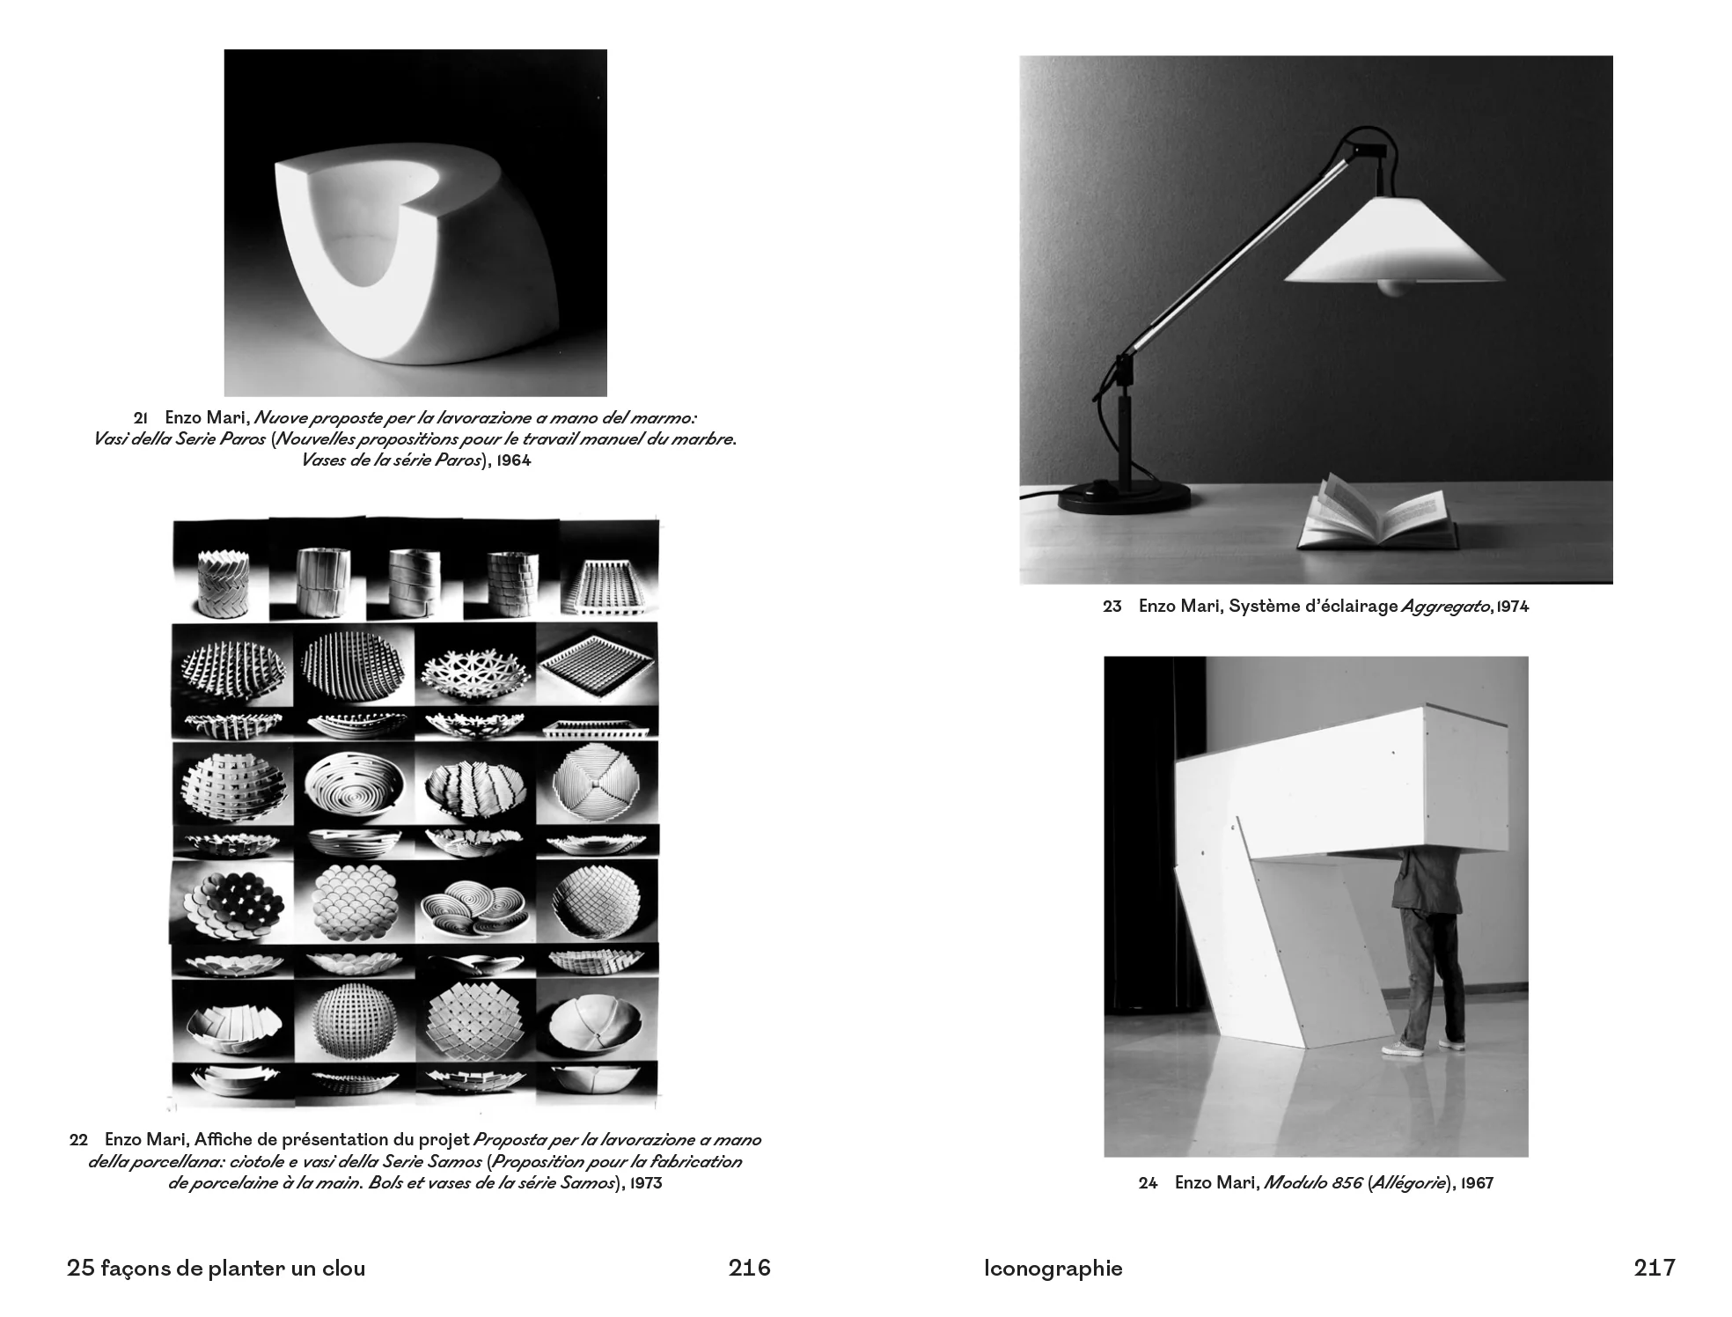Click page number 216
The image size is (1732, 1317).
click(x=749, y=1268)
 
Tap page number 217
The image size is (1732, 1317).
click(x=1655, y=1268)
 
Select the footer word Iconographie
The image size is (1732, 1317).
click(x=1053, y=1269)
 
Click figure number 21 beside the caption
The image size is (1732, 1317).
click(x=140, y=418)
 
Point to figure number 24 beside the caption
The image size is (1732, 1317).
click(x=1148, y=1183)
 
